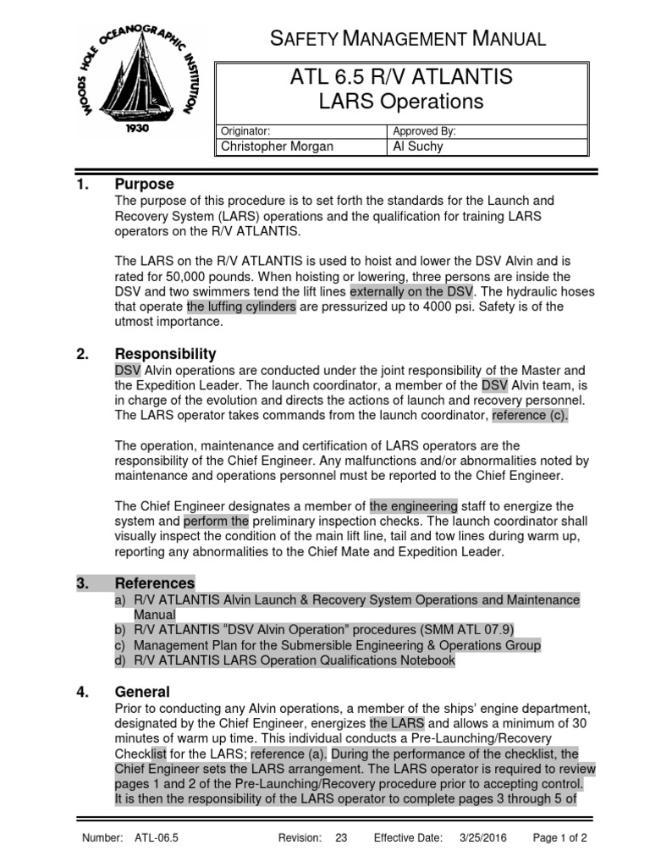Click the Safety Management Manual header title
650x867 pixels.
tap(406, 38)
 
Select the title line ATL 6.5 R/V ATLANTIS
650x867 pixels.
tap(400, 78)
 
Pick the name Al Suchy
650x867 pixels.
tap(418, 146)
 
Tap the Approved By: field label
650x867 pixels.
tap(424, 131)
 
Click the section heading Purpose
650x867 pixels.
tap(144, 184)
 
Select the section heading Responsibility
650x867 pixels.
tap(165, 354)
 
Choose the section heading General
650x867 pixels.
tap(141, 692)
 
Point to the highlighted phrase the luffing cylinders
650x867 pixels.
tap(241, 306)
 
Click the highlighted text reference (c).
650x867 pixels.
tap(531, 415)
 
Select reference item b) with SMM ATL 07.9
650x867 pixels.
tap(313, 629)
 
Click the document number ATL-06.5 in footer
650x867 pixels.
tap(154, 838)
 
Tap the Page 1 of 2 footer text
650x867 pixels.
tap(559, 838)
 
